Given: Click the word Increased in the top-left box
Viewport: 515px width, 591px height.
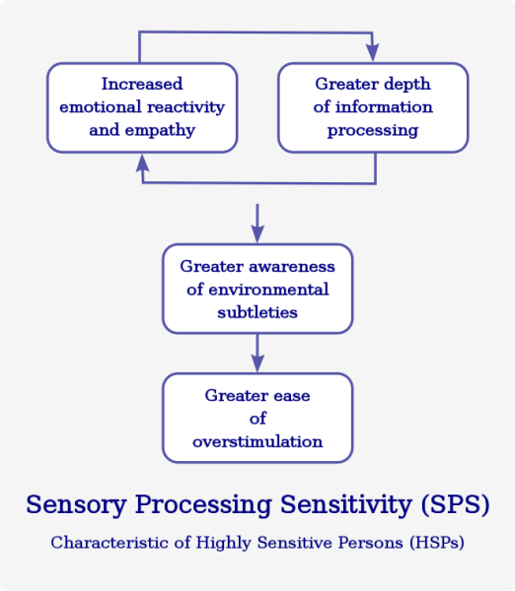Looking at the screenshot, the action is [142, 84].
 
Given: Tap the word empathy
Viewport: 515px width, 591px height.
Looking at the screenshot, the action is [160, 131].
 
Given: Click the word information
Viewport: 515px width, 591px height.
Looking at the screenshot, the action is [384, 106].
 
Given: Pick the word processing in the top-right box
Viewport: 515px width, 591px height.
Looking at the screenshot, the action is [373, 131].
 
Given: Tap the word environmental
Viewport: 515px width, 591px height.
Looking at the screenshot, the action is [268, 290].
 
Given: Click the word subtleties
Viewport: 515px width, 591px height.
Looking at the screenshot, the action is [257, 312].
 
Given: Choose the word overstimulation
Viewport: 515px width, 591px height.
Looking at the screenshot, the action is [257, 441].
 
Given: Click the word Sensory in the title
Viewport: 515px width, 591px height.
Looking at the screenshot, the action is [76, 505].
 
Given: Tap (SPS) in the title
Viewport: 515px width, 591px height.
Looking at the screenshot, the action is [455, 504].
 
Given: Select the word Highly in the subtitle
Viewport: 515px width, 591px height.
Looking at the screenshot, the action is [224, 543].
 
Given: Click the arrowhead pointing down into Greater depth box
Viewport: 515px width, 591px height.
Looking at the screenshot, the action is [373, 52].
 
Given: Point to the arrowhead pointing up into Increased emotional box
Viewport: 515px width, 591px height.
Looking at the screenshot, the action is [142, 164].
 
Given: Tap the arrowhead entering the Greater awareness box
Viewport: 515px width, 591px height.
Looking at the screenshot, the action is [257, 233].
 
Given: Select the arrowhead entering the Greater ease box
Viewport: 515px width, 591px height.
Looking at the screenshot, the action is [257, 362].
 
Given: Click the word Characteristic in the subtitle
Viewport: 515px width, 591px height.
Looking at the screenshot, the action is [110, 543].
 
